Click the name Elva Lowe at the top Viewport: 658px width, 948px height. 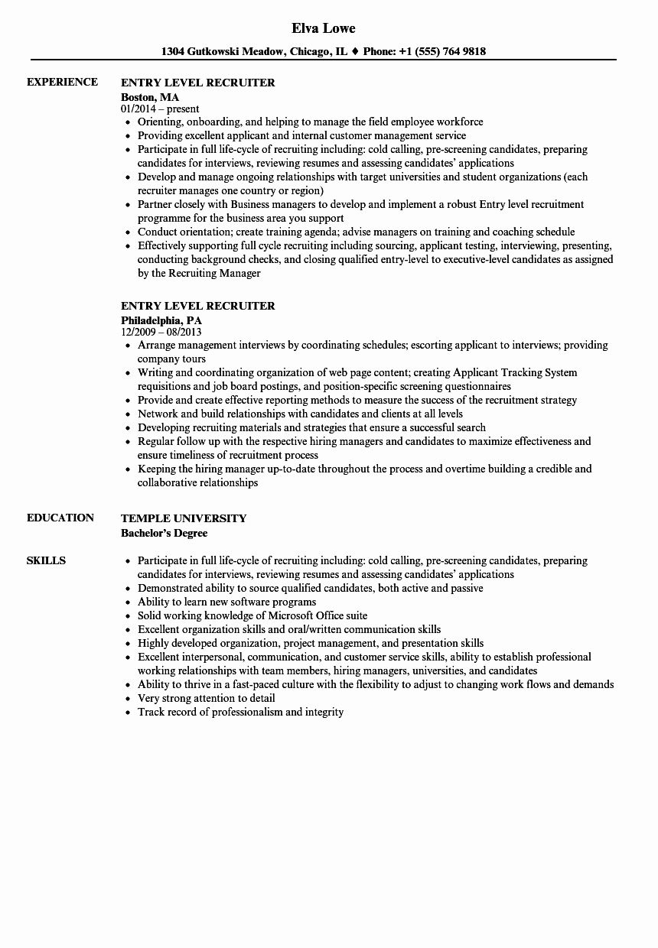tap(324, 28)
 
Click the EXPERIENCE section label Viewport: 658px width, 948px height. tap(62, 82)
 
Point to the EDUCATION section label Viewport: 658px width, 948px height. tap(60, 518)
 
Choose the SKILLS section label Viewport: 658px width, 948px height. tap(46, 560)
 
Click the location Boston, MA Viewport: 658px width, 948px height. tap(150, 97)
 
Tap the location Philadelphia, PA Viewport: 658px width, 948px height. tap(161, 320)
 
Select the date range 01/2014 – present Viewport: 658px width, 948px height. tap(161, 109)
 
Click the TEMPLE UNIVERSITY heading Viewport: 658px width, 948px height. tap(184, 518)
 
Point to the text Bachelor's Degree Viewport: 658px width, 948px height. tap(164, 533)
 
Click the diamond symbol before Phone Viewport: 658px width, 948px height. tap(355, 52)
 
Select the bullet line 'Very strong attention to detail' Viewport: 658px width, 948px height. tap(206, 698)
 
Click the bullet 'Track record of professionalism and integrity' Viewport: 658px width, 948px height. tap(240, 712)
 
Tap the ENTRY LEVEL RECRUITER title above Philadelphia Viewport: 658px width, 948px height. tap(197, 306)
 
